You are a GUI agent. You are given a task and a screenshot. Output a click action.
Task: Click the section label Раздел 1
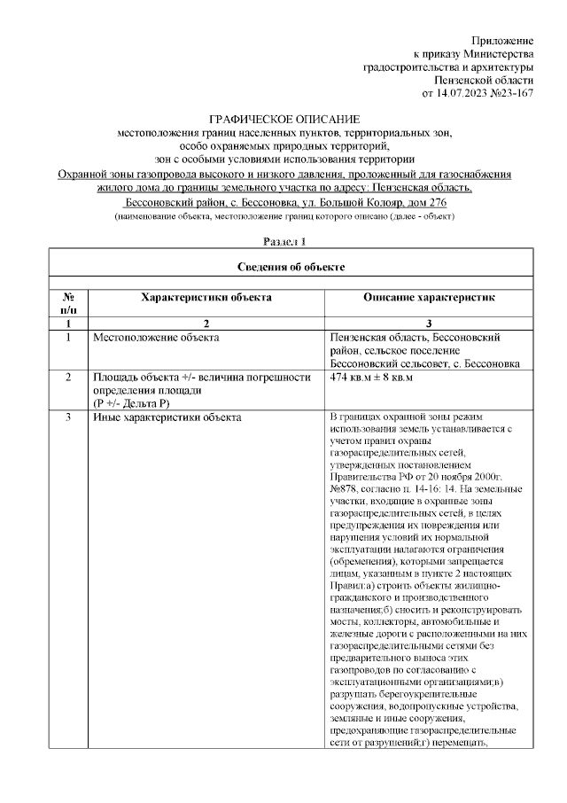tap(284, 241)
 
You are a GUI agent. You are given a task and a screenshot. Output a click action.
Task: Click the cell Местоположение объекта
tap(156, 338)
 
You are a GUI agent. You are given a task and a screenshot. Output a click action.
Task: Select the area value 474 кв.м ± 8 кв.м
tap(371, 378)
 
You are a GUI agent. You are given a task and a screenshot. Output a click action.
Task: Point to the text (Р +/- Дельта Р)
tap(131, 403)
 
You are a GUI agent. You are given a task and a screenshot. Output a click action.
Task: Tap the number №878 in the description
tap(344, 487)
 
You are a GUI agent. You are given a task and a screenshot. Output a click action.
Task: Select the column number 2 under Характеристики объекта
tap(206, 324)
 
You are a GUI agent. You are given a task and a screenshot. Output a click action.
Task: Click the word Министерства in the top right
tap(495, 54)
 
